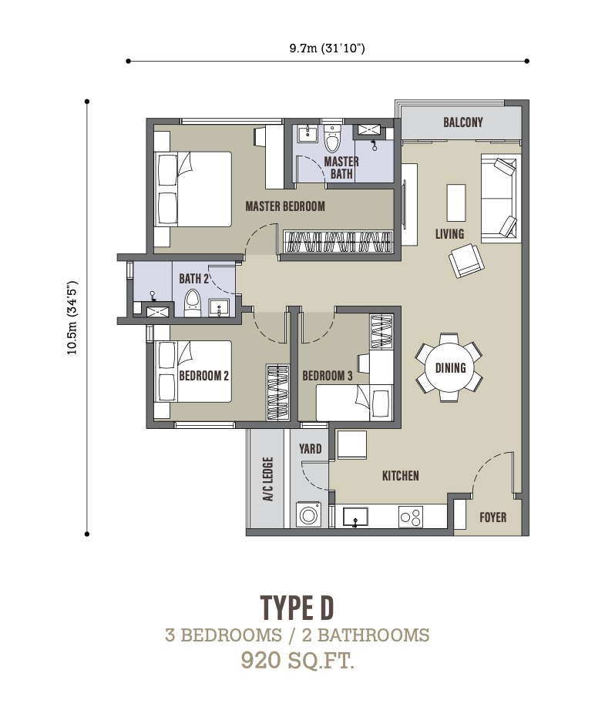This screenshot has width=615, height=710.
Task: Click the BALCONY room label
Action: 462,122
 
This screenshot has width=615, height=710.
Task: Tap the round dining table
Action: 451,367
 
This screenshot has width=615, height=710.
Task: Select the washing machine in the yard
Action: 308,514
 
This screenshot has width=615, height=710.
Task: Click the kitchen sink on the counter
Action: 355,517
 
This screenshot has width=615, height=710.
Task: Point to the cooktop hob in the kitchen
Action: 411,517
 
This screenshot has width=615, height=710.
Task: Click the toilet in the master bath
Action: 332,138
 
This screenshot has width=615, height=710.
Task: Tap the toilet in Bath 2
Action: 192,303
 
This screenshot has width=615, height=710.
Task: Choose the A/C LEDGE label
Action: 268,479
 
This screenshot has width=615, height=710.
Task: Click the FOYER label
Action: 493,517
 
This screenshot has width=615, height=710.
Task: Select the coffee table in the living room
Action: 456,203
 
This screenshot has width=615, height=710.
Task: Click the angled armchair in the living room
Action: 466,261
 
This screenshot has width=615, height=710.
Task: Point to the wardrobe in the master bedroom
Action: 338,242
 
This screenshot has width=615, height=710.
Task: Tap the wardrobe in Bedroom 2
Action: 277,392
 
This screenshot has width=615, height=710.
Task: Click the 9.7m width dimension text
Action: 328,48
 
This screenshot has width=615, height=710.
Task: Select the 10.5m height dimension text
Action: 72,317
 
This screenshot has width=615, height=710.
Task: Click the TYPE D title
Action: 297,608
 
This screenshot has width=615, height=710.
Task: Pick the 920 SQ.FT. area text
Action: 297,660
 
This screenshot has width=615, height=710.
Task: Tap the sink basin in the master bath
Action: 308,132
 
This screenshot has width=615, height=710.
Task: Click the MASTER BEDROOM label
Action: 285,206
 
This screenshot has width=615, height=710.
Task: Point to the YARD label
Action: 311,449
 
